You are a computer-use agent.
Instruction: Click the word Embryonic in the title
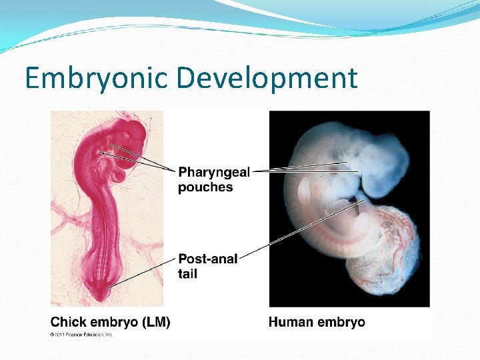[96, 79]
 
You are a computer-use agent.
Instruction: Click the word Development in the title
[267, 79]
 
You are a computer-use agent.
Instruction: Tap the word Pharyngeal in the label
[214, 173]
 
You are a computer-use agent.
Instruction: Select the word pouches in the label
[205, 187]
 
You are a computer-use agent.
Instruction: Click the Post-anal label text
[207, 259]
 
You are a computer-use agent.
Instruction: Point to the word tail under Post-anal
[187, 273]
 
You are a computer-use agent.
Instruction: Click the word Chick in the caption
[69, 322]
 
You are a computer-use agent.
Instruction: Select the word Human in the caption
[291, 322]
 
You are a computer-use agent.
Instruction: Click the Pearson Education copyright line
[82, 334]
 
